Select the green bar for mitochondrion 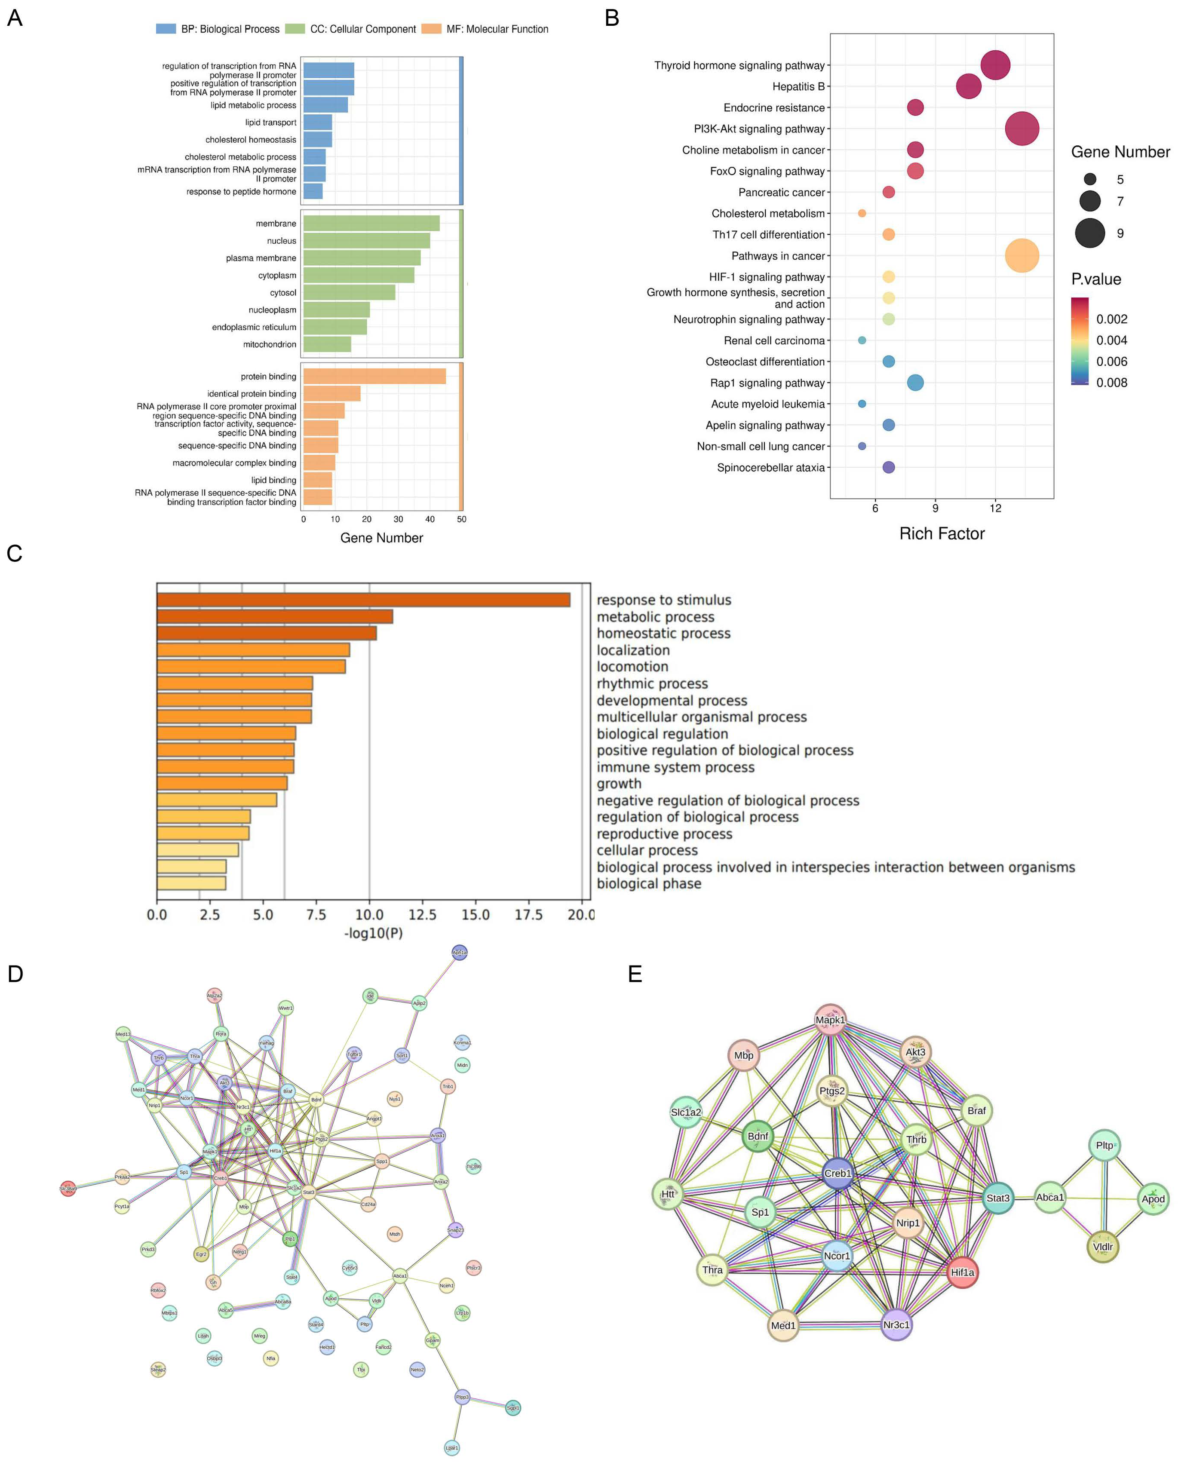pyautogui.click(x=327, y=344)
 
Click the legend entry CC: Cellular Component pyautogui.click(x=362, y=29)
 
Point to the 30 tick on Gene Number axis pyautogui.click(x=399, y=519)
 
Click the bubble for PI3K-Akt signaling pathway pyautogui.click(x=1022, y=129)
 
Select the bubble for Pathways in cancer pyautogui.click(x=1022, y=256)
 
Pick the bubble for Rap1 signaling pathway pyautogui.click(x=915, y=383)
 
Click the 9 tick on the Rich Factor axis pyautogui.click(x=935, y=508)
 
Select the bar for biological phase pyautogui.click(x=191, y=883)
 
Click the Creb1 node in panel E pyautogui.click(x=837, y=1173)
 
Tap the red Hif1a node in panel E pyautogui.click(x=962, y=1272)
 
